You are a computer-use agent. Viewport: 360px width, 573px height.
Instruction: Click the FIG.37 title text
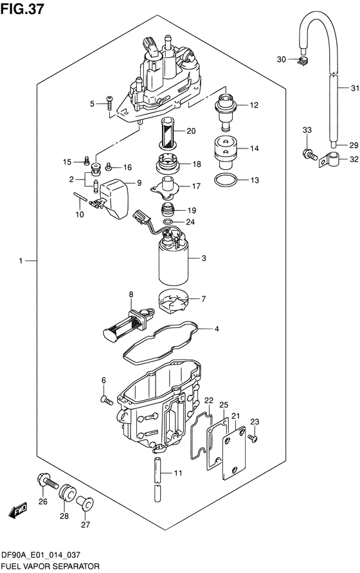click(x=22, y=9)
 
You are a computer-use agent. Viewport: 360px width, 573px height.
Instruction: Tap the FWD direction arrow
click(x=17, y=510)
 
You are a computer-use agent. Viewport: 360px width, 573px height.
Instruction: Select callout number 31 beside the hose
click(x=355, y=88)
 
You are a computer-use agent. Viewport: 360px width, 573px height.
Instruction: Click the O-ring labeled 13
click(x=225, y=180)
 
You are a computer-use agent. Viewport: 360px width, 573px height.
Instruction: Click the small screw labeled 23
click(x=252, y=437)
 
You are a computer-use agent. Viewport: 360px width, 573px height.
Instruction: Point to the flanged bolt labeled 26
click(x=47, y=481)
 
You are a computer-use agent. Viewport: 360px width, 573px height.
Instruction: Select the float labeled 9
click(x=114, y=199)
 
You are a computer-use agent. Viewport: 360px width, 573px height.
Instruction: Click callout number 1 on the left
click(x=21, y=261)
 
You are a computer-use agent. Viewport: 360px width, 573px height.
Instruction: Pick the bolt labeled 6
click(x=107, y=401)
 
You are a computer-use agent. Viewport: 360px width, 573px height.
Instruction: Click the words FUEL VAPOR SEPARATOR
click(x=51, y=567)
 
